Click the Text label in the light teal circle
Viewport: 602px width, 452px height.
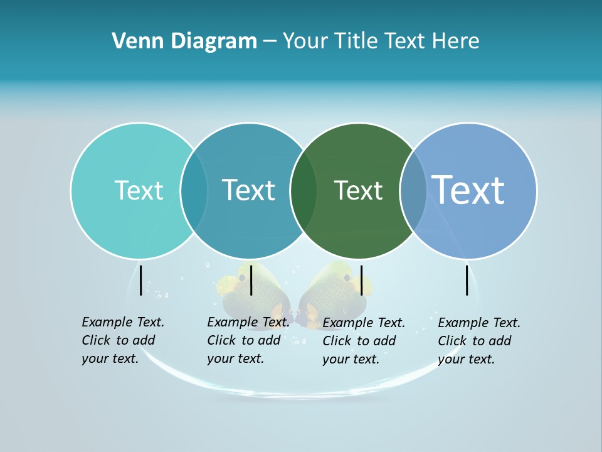coord(139,190)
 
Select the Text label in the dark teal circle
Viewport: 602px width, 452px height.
coord(248,190)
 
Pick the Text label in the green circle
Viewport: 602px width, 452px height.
coord(358,190)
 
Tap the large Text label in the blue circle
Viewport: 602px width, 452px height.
coord(468,190)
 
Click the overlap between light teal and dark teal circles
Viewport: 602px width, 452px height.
coord(194,191)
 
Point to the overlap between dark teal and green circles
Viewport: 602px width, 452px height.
coord(304,191)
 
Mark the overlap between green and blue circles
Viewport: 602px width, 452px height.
coord(413,191)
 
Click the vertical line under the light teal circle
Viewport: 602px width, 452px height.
coord(141,280)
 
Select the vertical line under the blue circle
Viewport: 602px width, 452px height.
coord(467,280)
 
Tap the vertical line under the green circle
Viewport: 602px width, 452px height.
coord(361,280)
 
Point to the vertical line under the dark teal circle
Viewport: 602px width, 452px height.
coord(251,280)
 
